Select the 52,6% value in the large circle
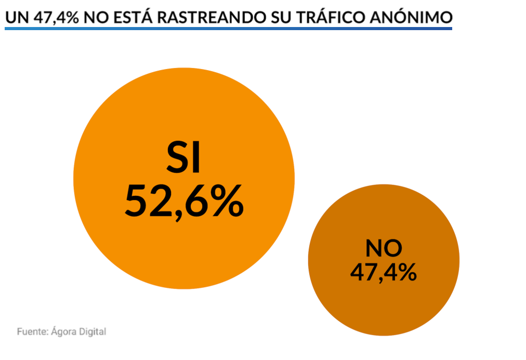pyautogui.click(x=183, y=201)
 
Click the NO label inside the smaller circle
pyautogui.click(x=384, y=248)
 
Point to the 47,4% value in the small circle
pyautogui.click(x=384, y=272)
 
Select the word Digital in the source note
pyautogui.click(x=94, y=331)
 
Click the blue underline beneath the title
pyautogui.click(x=228, y=28)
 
